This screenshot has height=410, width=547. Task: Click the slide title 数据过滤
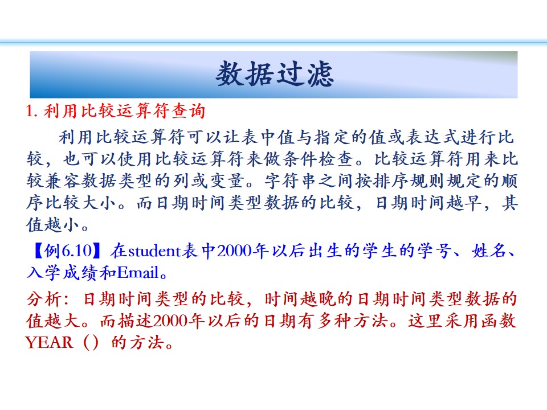275,74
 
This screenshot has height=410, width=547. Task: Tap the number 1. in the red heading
32,111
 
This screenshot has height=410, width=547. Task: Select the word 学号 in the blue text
434,251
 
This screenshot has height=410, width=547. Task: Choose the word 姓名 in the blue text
488,251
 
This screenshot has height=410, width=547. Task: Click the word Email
138,273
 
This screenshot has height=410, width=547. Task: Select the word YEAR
49,342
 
